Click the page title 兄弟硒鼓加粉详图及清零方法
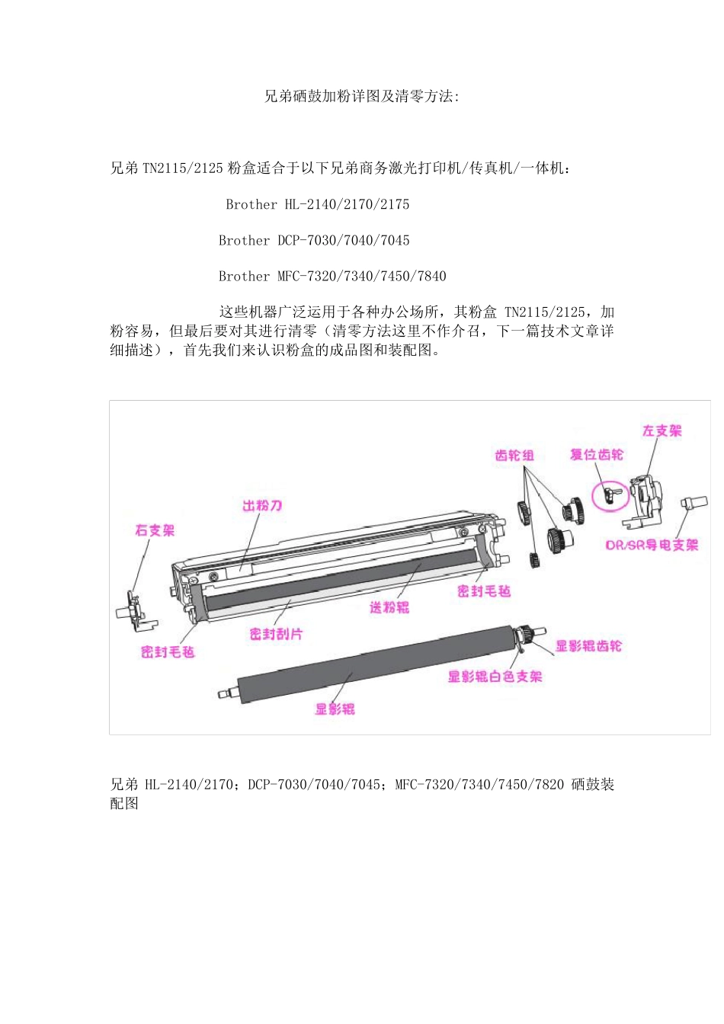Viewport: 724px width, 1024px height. pyautogui.click(x=361, y=97)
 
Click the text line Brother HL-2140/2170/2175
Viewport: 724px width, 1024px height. pyautogui.click(x=317, y=204)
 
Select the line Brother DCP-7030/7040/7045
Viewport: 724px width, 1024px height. pyautogui.click(x=314, y=240)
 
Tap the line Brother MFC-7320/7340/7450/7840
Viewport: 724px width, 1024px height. pyautogui.click(x=332, y=276)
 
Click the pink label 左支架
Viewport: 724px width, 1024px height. pyautogui.click(x=662, y=431)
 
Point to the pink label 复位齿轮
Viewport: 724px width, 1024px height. pyautogui.click(x=596, y=455)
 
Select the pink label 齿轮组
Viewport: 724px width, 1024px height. pyautogui.click(x=514, y=456)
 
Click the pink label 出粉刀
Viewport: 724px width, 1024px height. pyautogui.click(x=262, y=506)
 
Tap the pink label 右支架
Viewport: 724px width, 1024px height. pyautogui.click(x=155, y=530)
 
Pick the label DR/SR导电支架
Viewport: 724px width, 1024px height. pyautogui.click(x=652, y=545)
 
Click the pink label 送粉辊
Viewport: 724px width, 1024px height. pyautogui.click(x=389, y=607)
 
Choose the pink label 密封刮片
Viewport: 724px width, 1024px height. pyautogui.click(x=276, y=634)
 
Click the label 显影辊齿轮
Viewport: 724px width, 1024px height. pyautogui.click(x=588, y=646)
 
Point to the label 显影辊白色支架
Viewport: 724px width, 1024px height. pyautogui.click(x=495, y=677)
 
